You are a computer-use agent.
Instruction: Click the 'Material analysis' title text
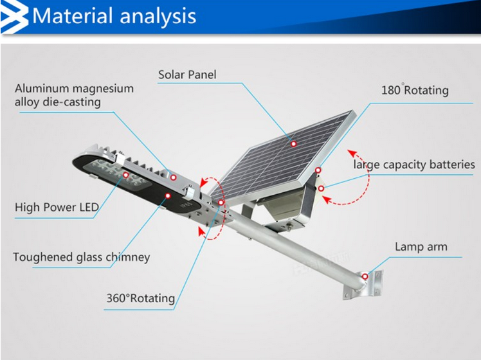tap(114, 16)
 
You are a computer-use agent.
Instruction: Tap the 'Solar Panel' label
tap(187, 75)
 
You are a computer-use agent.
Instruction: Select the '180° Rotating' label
tap(415, 90)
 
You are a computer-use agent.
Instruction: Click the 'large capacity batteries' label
tap(414, 165)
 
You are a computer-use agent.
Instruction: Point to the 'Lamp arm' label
tap(421, 247)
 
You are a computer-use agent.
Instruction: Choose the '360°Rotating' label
tap(140, 298)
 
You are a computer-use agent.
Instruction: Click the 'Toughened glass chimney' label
tap(82, 257)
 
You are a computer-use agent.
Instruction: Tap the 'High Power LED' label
tap(57, 207)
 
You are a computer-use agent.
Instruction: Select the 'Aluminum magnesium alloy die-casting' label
tap(74, 95)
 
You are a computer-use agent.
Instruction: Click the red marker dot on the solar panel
tap(294, 143)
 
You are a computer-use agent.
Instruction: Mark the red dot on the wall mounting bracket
tap(365, 276)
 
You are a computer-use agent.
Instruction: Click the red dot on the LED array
tap(126, 175)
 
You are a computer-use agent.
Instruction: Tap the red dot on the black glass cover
tap(167, 195)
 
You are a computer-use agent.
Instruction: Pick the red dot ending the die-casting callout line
tap(174, 177)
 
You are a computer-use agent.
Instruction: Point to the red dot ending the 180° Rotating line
tap(318, 170)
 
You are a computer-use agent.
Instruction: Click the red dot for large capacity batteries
tap(321, 188)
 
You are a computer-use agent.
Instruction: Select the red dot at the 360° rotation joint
tap(221, 203)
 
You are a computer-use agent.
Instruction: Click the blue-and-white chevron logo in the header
tap(14, 17)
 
